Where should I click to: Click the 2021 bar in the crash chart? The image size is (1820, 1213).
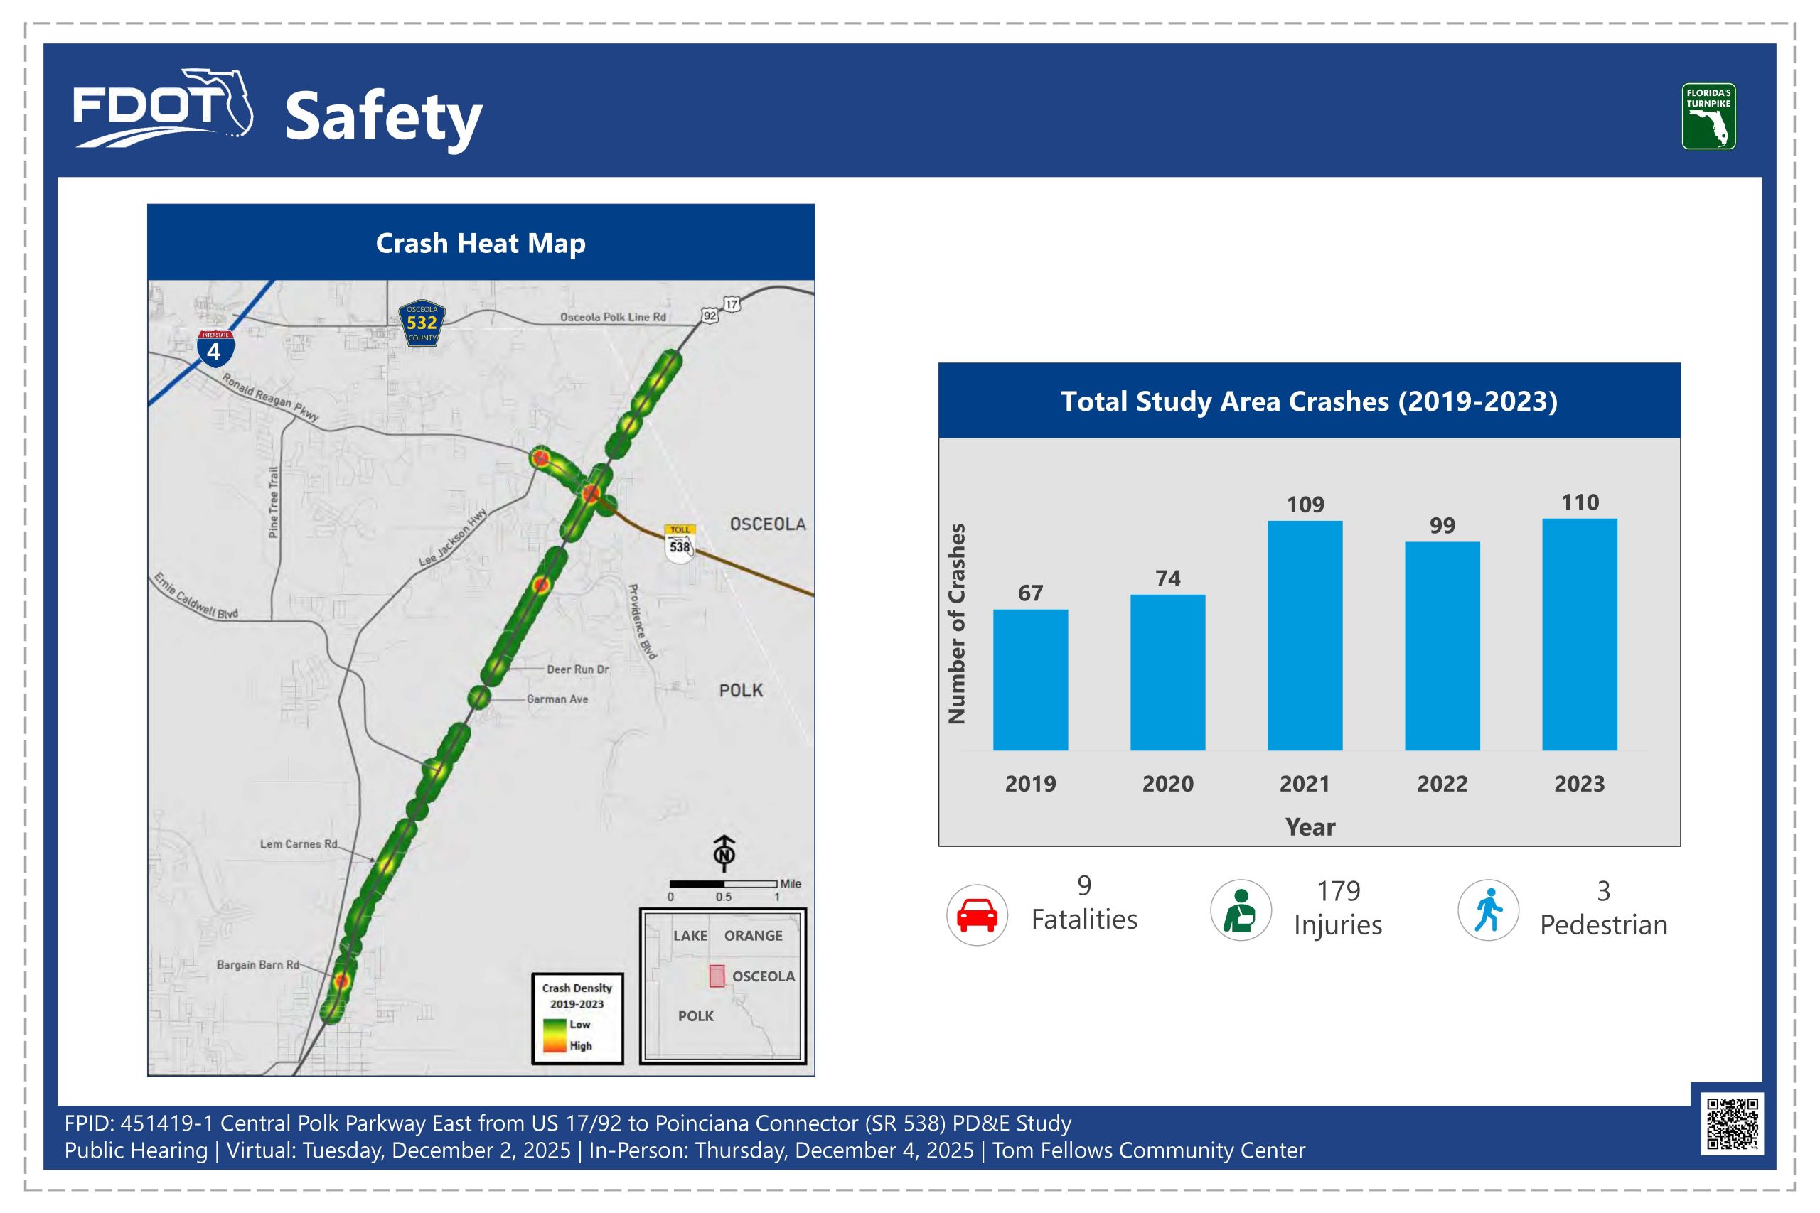point(1305,635)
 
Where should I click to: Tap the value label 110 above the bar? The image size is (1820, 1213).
point(1579,503)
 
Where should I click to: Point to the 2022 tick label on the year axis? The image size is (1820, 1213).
point(1442,784)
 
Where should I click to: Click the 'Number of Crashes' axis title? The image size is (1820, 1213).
point(957,623)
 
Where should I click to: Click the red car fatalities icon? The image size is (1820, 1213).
point(977,915)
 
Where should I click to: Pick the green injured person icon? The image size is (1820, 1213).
point(1240,910)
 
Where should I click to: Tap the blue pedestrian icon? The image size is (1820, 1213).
point(1488,910)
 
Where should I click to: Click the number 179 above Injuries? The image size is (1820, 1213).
point(1338,891)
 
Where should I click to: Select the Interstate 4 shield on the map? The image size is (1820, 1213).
point(215,349)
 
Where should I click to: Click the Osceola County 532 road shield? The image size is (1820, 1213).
point(422,323)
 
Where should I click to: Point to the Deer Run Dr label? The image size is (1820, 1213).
point(577,669)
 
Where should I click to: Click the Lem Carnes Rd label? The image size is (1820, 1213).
point(299,844)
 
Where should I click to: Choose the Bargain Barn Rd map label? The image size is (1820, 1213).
point(257,965)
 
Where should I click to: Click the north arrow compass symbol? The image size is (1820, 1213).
point(724,853)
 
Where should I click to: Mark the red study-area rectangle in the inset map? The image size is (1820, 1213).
point(717,976)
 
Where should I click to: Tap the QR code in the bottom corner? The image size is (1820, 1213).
point(1733,1123)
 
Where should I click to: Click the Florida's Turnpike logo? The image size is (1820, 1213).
point(1708,116)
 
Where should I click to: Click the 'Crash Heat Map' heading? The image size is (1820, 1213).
point(481,243)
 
